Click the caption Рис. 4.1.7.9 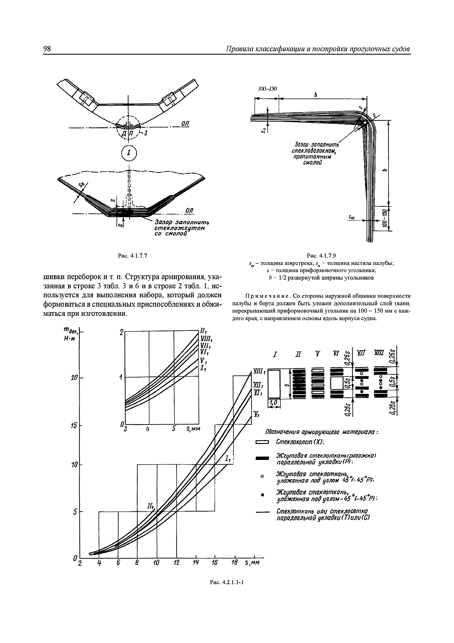321,255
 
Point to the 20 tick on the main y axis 74,378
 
